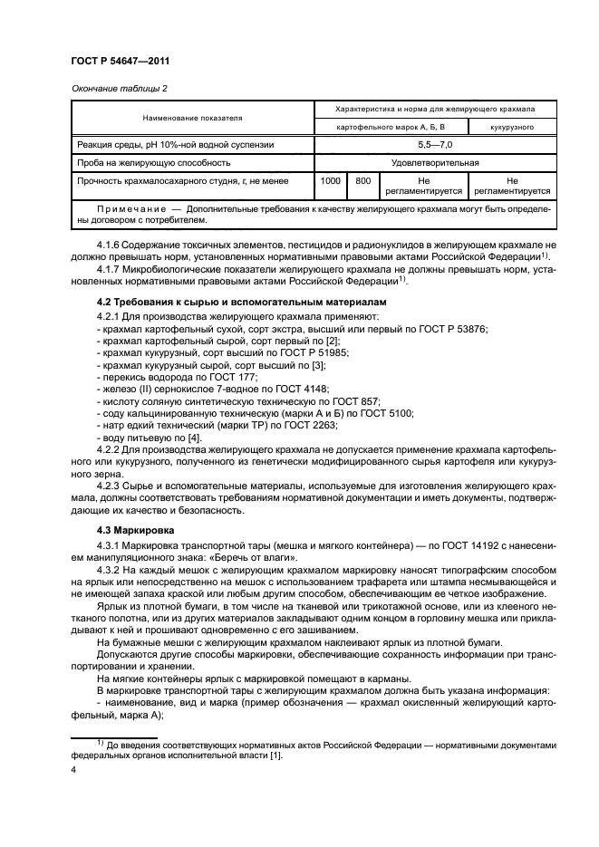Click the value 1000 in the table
pos(331,181)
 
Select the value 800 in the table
pos(363,181)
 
